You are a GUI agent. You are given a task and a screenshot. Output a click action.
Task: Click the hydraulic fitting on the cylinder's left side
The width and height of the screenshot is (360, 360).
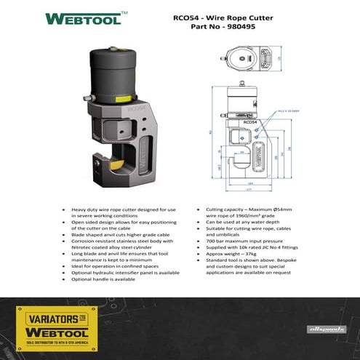87,97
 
